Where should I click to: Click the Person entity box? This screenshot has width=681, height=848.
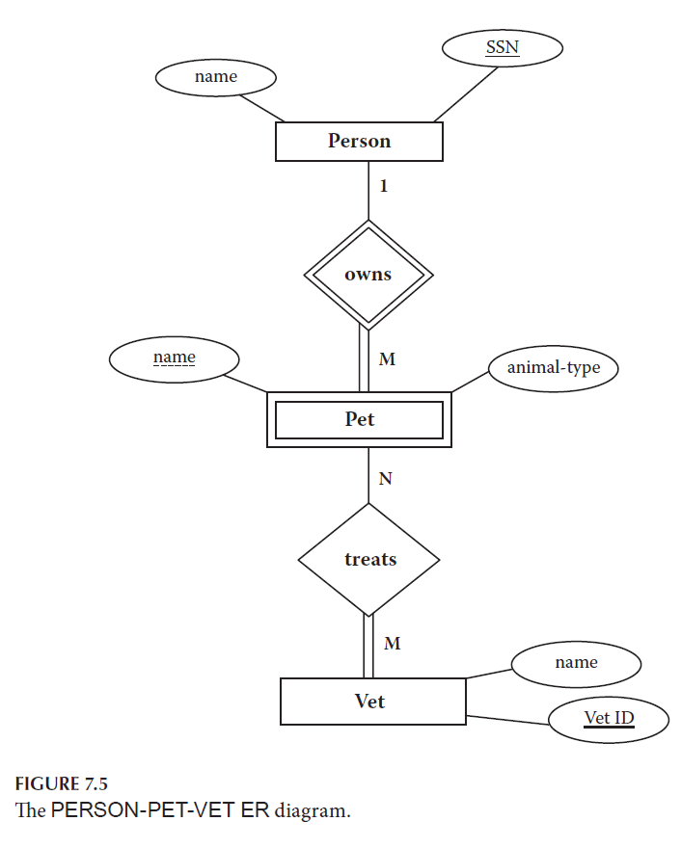click(x=359, y=142)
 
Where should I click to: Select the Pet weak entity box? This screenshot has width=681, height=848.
click(x=359, y=420)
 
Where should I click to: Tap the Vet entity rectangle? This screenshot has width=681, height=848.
click(x=372, y=702)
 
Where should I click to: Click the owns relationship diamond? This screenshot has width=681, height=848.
click(x=368, y=275)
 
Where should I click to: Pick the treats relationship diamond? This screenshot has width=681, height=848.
click(x=368, y=559)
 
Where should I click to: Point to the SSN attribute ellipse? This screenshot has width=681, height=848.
click(x=502, y=47)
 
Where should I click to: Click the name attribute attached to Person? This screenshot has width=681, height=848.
click(x=215, y=77)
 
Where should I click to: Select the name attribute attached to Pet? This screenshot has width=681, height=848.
click(x=174, y=358)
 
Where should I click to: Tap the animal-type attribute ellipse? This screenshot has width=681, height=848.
click(x=553, y=368)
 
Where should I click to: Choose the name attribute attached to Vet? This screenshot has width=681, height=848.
click(x=575, y=663)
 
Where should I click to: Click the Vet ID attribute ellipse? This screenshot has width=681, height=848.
click(x=609, y=719)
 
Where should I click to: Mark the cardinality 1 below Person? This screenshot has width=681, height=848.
click(x=383, y=186)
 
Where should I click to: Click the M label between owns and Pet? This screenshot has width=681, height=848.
click(x=387, y=359)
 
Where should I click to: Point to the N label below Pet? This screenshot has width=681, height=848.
click(x=385, y=479)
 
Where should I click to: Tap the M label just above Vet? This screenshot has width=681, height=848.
click(x=392, y=643)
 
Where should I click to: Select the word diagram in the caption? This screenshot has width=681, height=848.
click(x=313, y=810)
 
